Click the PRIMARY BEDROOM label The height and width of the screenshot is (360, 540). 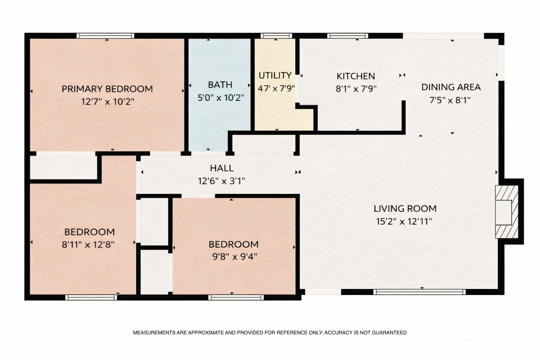coord(107,89)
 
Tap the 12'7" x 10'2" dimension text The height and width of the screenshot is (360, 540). coord(108,102)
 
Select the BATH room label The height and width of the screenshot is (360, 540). coord(220,85)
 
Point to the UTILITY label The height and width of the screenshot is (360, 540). coord(275,76)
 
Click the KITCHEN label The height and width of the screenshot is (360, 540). coord(356,76)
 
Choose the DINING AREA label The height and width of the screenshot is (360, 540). coord(451,87)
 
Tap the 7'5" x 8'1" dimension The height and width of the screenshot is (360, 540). coord(450,100)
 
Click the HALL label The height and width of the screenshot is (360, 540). coord(222,168)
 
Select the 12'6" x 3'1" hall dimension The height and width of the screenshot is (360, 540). coord(221,181)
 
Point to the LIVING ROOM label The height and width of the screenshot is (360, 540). coord(405,209)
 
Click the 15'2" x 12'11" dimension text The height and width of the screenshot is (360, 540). coord(404,221)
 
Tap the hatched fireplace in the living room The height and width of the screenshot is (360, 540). coord(507,212)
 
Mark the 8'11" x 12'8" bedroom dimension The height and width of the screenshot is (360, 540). coord(88,245)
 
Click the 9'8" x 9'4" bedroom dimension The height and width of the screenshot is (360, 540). coord(235,257)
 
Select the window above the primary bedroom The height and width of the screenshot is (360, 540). coord(105,36)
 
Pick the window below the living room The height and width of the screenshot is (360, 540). coord(420,292)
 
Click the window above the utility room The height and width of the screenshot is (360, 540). coord(276,36)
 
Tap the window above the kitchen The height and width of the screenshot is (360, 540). coord(348,36)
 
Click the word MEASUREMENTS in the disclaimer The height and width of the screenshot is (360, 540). coord(154,333)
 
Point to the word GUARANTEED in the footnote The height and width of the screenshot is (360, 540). coord(389,333)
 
